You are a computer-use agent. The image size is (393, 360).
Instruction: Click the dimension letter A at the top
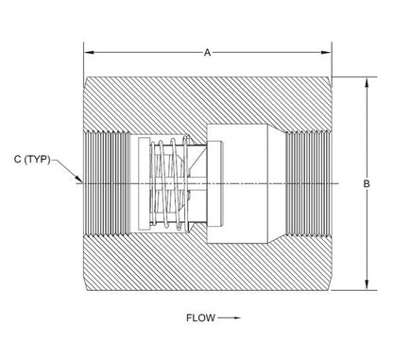tap(207, 52)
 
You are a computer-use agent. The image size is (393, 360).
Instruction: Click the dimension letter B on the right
tap(367, 183)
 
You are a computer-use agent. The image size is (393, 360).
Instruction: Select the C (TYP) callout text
tap(32, 160)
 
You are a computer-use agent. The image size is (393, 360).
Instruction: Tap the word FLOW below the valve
tap(200, 317)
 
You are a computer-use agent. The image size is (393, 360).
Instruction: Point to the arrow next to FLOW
tap(230, 317)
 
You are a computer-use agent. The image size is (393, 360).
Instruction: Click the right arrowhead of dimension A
tap(326, 52)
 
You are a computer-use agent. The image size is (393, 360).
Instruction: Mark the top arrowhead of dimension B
tap(367, 83)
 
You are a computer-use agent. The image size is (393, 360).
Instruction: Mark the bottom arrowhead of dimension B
tap(367, 284)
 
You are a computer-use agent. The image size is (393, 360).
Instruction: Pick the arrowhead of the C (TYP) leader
tap(78, 179)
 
